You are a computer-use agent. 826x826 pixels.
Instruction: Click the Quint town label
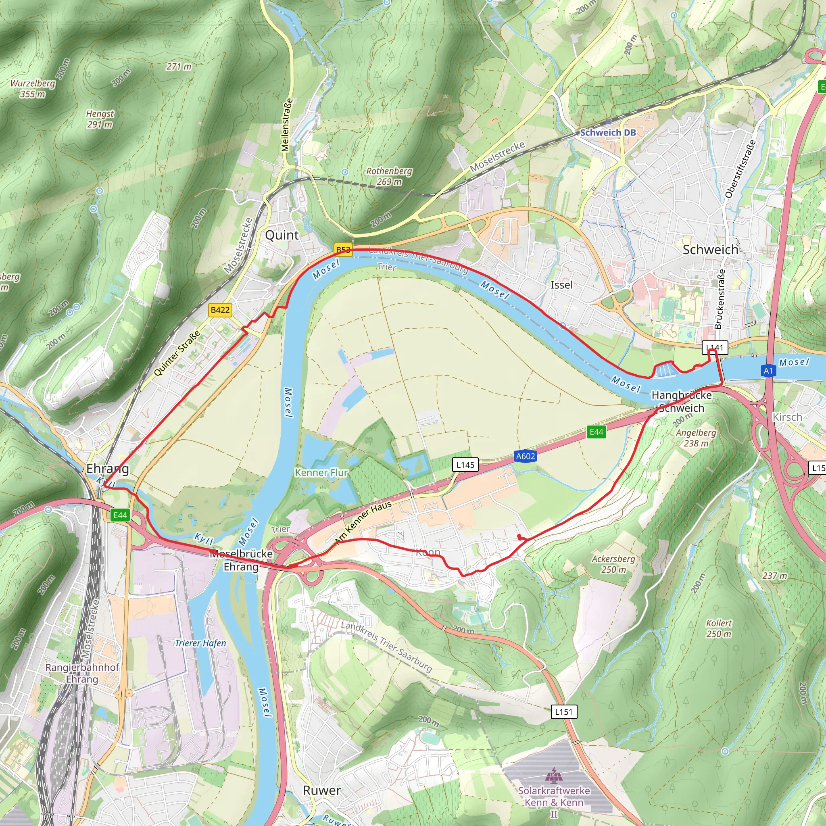pyautogui.click(x=282, y=235)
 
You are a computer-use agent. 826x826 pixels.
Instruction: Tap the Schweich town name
pyautogui.click(x=710, y=250)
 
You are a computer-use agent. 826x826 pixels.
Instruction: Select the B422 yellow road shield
pyautogui.click(x=220, y=310)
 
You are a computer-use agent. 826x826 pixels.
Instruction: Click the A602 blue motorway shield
pyautogui.click(x=526, y=456)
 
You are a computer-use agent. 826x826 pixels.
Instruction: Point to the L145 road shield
pyautogui.click(x=465, y=465)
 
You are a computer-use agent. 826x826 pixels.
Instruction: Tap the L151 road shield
pyautogui.click(x=563, y=712)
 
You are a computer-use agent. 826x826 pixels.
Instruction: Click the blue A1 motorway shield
pyautogui.click(x=768, y=371)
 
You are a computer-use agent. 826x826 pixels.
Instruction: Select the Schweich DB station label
pyautogui.click(x=607, y=133)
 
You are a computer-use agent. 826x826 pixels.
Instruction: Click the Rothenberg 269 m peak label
pyautogui.click(x=389, y=176)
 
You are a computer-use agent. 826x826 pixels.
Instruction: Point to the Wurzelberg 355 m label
pyautogui.click(x=33, y=88)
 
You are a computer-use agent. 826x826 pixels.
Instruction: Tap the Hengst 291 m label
pyautogui.click(x=100, y=119)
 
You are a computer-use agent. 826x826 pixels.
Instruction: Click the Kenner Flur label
pyautogui.click(x=321, y=472)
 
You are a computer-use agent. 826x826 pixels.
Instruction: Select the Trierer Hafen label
pyautogui.click(x=200, y=643)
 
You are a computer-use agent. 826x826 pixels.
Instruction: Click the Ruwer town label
pyautogui.click(x=321, y=791)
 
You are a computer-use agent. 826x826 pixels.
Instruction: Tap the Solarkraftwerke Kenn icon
pyautogui.click(x=554, y=774)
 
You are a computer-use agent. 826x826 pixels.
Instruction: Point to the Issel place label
pyautogui.click(x=561, y=285)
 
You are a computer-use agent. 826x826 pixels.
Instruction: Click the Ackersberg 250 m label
pyautogui.click(x=613, y=564)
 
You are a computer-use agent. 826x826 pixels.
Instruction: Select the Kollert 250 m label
pyautogui.click(x=719, y=628)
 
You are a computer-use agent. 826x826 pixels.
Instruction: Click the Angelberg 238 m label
pyautogui.click(x=696, y=438)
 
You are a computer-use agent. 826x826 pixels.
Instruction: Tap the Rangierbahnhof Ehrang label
pyautogui.click(x=82, y=673)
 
